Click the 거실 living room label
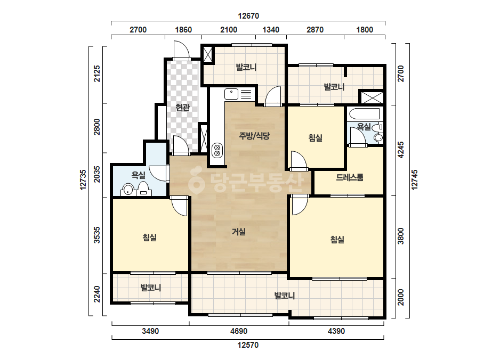[239, 232]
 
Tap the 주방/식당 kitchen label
[254, 136]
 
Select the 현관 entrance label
[183, 108]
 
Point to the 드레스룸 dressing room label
[350, 177]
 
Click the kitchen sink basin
[231, 94]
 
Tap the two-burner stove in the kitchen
[217, 150]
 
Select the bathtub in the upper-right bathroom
[364, 113]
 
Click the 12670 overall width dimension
[248, 15]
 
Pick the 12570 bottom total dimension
[248, 345]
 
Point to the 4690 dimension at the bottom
[239, 331]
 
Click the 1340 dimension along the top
[271, 30]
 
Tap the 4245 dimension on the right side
[401, 150]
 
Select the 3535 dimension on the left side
[97, 235]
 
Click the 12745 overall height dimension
[415, 179]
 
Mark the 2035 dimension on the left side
[97, 174]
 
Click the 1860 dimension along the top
[183, 30]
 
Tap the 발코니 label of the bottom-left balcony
[151, 288]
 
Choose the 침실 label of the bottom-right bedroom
[337, 240]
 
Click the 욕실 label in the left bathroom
[139, 175]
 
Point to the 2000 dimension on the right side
[401, 297]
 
